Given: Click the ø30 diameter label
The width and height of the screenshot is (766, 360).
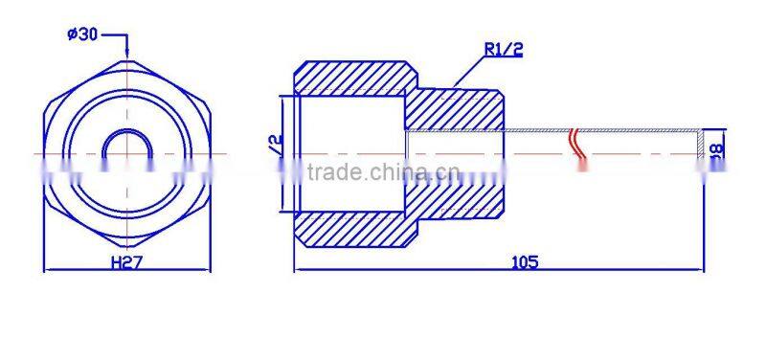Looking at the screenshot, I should (82, 34).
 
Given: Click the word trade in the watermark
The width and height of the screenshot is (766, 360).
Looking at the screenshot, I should (335, 172).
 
